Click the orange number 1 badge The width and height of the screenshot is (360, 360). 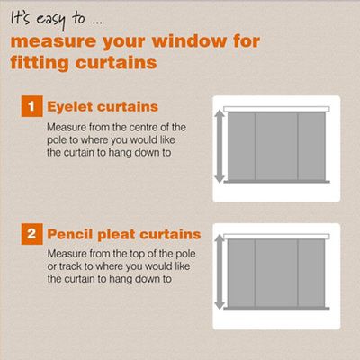tap(32, 106)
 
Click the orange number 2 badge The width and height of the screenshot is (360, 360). tap(32, 234)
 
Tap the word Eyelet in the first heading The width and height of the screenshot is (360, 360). tap(70, 107)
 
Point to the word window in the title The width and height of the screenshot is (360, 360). tap(190, 40)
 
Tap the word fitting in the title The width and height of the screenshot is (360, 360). tap(40, 63)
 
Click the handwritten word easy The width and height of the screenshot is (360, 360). tap(51, 21)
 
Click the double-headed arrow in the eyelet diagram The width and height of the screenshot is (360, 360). tap(220, 147)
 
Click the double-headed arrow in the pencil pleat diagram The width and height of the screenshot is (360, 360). tap(220, 272)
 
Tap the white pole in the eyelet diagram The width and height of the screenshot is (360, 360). tap(276, 109)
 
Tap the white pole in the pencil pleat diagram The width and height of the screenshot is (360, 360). tap(276, 237)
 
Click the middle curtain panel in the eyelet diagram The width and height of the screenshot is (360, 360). tap(276, 147)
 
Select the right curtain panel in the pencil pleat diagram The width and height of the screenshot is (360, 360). tap(311, 273)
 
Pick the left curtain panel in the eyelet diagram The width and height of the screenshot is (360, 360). tap(241, 147)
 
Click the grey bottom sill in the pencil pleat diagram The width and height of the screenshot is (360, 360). tap(276, 308)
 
